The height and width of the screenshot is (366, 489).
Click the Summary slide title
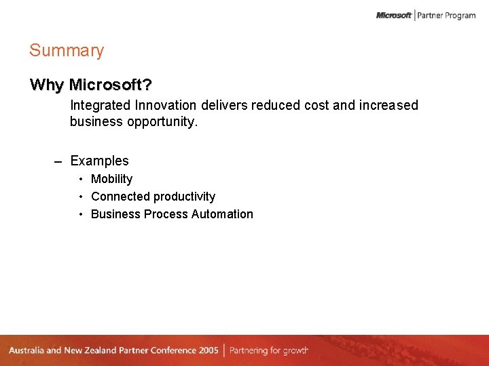coord(67,51)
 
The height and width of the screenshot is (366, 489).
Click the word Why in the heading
coord(46,85)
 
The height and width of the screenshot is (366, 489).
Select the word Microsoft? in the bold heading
coord(111,85)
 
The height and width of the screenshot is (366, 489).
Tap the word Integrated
coord(101,106)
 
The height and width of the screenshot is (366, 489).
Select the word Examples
coord(99,161)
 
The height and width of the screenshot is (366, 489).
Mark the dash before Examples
coord(58,162)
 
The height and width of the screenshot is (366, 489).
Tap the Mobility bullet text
coord(111,180)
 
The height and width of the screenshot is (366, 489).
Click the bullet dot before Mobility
coord(81,179)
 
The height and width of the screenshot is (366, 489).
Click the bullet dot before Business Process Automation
coord(81,214)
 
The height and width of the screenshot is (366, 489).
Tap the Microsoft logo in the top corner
coord(394,15)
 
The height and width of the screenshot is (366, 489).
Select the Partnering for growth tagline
coord(269,350)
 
